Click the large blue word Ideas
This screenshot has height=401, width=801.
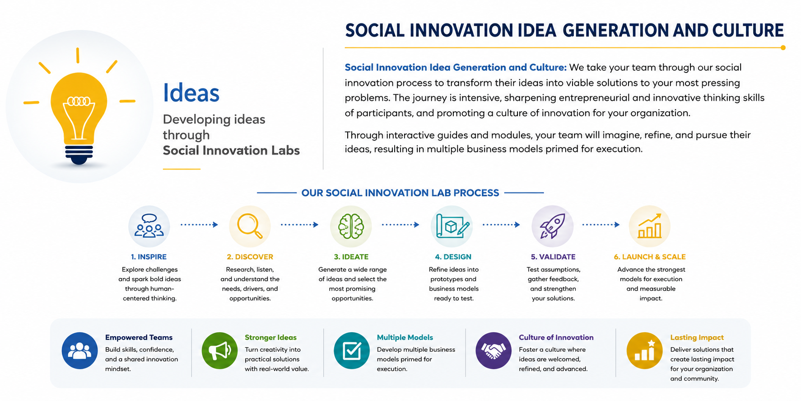click(191, 93)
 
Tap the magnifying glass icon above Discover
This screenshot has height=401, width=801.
click(250, 226)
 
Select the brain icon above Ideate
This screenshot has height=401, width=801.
click(351, 226)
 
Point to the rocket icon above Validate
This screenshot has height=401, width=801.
click(553, 226)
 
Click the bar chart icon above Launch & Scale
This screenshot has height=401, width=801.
click(650, 226)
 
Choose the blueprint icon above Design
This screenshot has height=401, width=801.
click(452, 226)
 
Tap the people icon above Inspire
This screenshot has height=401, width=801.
click(149, 226)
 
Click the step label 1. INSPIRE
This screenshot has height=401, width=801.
click(149, 257)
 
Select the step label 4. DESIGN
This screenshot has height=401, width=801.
click(453, 257)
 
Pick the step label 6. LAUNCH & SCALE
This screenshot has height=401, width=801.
click(650, 257)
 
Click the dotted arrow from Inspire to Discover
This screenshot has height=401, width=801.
click(199, 225)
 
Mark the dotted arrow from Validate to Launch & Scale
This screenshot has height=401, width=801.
click(601, 225)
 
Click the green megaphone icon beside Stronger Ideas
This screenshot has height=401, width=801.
click(219, 350)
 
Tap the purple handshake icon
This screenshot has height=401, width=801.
click(494, 350)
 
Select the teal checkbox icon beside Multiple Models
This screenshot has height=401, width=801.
click(352, 350)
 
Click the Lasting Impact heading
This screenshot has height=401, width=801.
click(697, 337)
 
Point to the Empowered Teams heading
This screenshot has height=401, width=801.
click(139, 337)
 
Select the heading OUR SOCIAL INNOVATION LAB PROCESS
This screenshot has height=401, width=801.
click(400, 193)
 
